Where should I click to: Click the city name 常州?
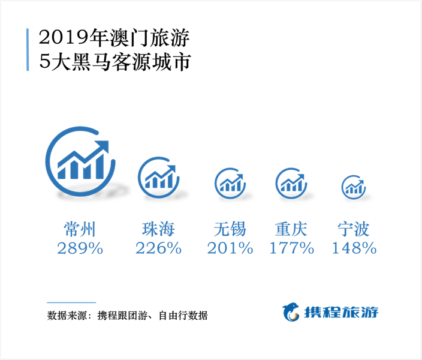[80, 229]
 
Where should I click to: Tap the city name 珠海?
[158, 229]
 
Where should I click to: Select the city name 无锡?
[230, 229]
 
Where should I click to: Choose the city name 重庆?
[291, 229]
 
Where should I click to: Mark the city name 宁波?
[354, 229]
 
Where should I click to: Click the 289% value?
[80, 248]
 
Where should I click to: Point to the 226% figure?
[158, 248]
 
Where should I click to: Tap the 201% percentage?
[230, 248]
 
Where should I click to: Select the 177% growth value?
[292, 248]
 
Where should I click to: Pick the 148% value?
[354, 248]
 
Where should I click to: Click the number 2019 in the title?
[64, 37]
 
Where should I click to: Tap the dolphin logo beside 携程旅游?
[291, 313]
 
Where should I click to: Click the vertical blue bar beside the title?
[28, 50]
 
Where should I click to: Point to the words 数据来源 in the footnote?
[67, 315]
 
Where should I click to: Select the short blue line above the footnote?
[71, 302]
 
